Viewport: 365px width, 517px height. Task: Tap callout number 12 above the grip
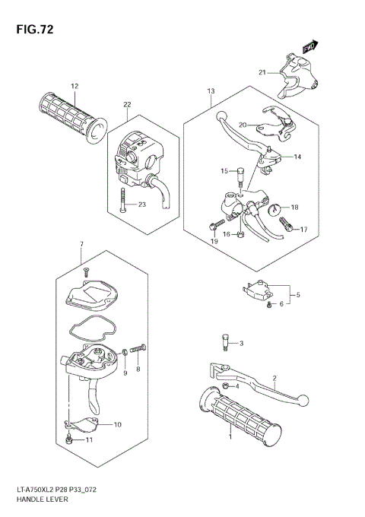[x=75, y=86]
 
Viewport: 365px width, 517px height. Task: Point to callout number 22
[x=127, y=104]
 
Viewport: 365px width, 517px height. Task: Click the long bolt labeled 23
[x=121, y=204]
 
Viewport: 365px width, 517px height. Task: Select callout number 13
[x=210, y=91]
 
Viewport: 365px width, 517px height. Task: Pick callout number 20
[x=242, y=125]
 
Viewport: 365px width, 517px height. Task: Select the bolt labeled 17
[x=286, y=225]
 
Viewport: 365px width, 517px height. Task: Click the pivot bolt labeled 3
[x=225, y=343]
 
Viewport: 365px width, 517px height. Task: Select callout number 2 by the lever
[x=275, y=378]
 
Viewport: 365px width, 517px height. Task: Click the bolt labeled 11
[x=69, y=439]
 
